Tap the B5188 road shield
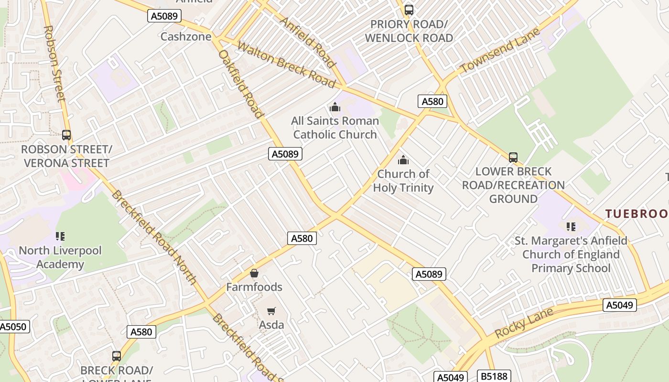pos(494,376)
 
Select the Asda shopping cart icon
pos(271,311)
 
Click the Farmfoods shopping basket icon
pos(254,274)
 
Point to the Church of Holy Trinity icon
pos(403,160)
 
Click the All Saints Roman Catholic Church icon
pos(335,107)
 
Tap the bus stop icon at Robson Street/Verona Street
pos(66,135)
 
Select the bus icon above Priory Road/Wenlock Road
pos(409,10)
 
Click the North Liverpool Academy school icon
pos(60,236)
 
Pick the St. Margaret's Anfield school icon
pos(571,226)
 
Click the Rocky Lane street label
pos(524,323)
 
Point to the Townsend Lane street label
pos(500,50)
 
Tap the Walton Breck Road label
pos(286,65)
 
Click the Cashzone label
pos(186,36)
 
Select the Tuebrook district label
pos(637,213)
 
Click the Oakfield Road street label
pos(240,84)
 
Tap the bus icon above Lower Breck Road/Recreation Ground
pos(513,157)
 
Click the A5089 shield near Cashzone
pos(164,16)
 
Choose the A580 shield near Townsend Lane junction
pos(432,101)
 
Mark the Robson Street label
pos(54,64)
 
